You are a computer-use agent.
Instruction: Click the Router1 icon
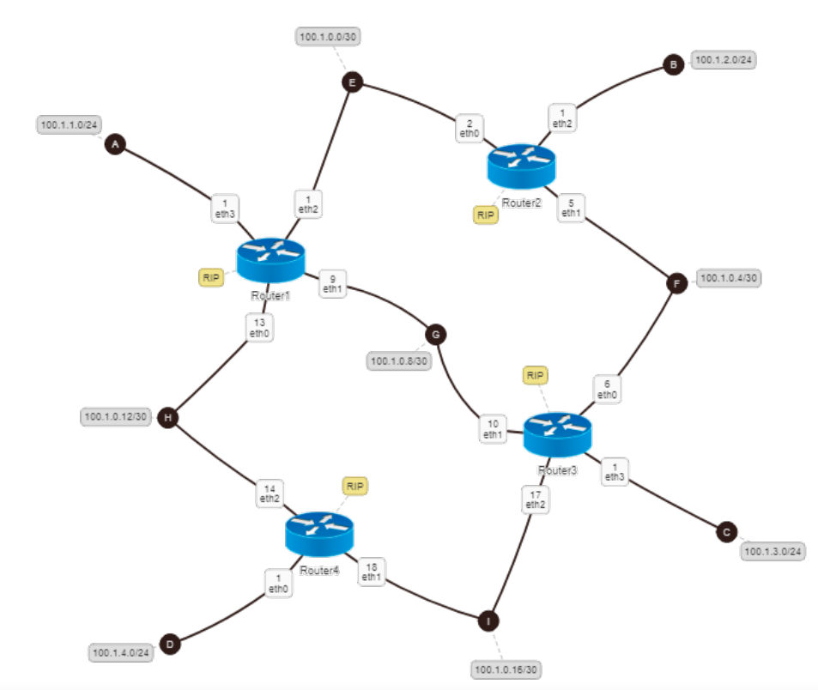click(x=270, y=261)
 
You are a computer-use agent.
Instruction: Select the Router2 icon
click(x=521, y=166)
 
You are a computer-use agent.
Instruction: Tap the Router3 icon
click(x=557, y=433)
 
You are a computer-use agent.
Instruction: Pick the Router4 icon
click(x=318, y=533)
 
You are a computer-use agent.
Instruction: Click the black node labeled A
click(x=114, y=146)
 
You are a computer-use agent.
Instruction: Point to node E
click(x=351, y=82)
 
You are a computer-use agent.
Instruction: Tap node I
click(x=488, y=620)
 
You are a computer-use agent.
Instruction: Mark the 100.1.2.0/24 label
click(x=723, y=60)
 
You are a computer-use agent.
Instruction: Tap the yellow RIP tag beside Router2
click(x=486, y=215)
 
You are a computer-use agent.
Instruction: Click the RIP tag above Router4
click(x=354, y=486)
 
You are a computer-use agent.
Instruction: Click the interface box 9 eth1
click(x=332, y=284)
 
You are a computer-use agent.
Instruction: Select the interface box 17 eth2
click(x=536, y=499)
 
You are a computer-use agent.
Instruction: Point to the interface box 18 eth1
click(x=371, y=572)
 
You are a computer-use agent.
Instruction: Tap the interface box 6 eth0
click(x=606, y=390)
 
